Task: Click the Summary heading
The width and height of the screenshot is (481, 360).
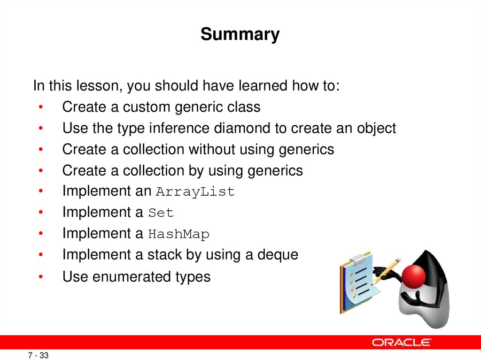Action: tap(240, 34)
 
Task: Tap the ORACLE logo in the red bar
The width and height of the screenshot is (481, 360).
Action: tap(402, 342)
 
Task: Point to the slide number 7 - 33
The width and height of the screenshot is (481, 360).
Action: tap(39, 355)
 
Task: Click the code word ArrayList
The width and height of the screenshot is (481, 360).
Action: tap(195, 191)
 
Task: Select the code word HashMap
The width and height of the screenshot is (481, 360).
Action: tap(178, 234)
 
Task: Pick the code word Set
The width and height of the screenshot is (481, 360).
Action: tap(161, 213)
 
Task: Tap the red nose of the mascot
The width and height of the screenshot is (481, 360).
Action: tap(414, 276)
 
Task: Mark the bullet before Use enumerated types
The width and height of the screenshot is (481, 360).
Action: tap(41, 276)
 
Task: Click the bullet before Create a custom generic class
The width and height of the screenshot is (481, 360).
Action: tap(41, 107)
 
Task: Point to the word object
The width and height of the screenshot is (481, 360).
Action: tap(376, 128)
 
